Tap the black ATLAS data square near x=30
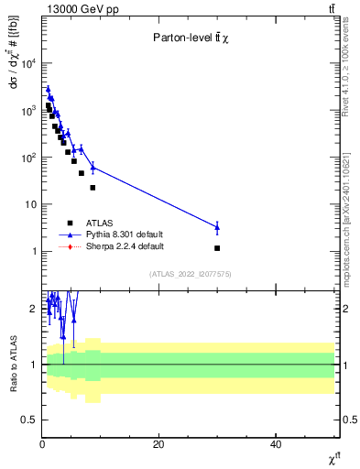click(x=217, y=248)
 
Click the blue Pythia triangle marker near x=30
click(x=217, y=227)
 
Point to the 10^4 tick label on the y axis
click(x=27, y=63)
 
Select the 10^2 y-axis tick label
click(x=27, y=158)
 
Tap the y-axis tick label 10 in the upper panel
click(x=30, y=204)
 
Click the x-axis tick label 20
click(x=158, y=444)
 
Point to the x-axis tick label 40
click(x=276, y=444)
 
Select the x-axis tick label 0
click(x=42, y=444)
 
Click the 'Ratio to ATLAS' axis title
click(x=12, y=364)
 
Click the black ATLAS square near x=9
click(x=93, y=188)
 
